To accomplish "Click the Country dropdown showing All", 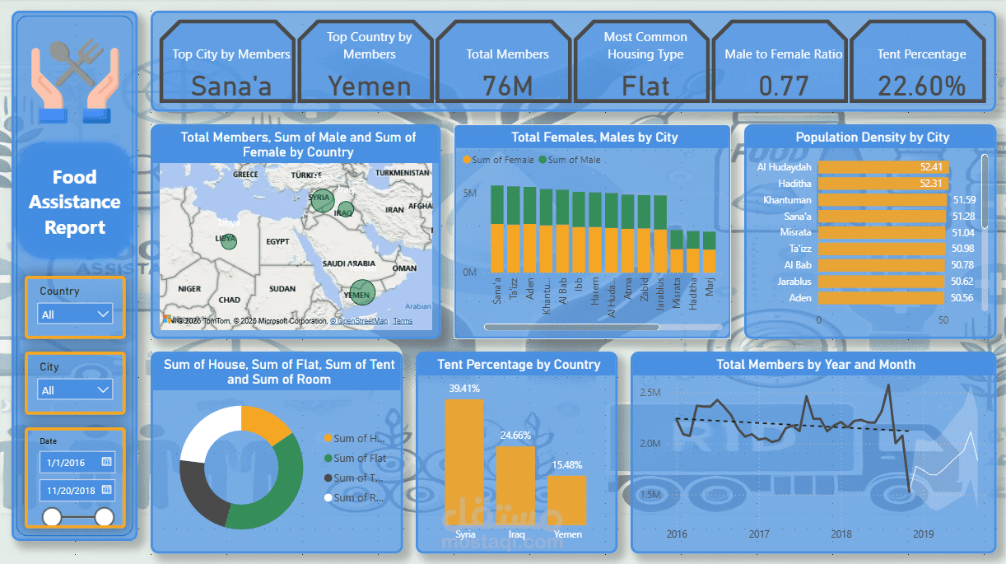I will coord(75,315).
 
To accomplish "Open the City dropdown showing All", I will coord(75,390).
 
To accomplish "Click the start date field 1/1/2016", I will coord(77,463).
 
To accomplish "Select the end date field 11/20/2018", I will coord(77,491).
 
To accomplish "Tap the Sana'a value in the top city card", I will coord(231,86).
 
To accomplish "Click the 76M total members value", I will coord(507,86).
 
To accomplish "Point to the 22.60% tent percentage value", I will coord(921,86).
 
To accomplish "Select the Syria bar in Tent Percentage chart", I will coord(464,461).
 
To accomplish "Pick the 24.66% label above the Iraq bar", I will coord(515,436).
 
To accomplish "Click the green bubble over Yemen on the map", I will coord(362,292).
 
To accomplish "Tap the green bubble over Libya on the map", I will coord(229,241).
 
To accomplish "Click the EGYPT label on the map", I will coord(277,242).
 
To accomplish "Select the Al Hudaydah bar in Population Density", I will coord(883,167).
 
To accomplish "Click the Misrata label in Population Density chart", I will coord(795,233).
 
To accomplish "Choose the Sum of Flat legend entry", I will coord(359,458).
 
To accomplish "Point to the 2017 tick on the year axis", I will coord(759,534).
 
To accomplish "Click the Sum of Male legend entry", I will coord(574,160).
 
